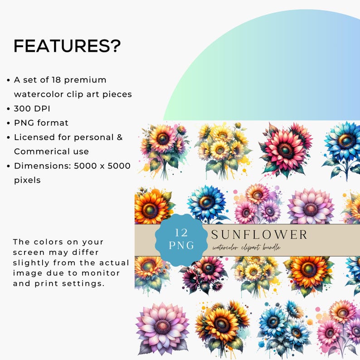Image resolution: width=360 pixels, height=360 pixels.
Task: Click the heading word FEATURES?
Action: point(67,46)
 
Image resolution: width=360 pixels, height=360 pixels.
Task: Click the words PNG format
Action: point(41,123)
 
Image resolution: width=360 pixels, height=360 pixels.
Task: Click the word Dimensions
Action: point(40,165)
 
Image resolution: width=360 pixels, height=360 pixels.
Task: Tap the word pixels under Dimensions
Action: point(27,180)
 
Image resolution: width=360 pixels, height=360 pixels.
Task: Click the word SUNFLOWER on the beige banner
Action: point(259,234)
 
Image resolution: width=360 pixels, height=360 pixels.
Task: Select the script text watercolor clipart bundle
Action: point(246,248)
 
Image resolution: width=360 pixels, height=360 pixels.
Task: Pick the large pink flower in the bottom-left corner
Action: point(162,326)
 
